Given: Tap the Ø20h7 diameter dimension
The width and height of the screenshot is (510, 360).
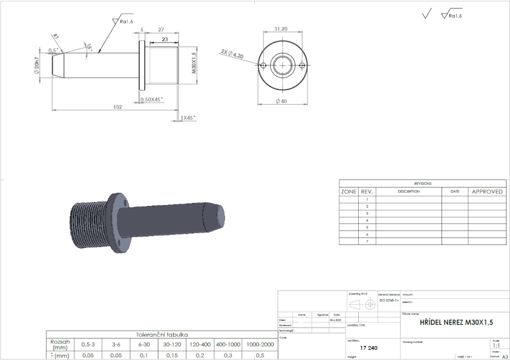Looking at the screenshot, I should [38, 65].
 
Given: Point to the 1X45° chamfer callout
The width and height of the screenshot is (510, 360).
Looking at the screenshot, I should [188, 118].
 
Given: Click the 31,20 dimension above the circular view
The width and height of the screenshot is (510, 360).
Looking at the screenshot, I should [281, 29].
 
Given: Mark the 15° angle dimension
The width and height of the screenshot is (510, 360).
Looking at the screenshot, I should [89, 46].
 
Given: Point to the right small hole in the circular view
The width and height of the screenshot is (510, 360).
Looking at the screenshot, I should [302, 65].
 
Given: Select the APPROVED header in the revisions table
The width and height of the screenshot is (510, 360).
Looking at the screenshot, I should [487, 191].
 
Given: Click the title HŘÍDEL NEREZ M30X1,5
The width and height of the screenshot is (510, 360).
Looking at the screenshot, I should [457, 322].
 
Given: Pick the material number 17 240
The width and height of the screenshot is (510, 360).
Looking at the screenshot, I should [368, 346].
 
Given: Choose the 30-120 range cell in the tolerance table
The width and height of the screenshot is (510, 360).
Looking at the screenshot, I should [172, 344].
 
